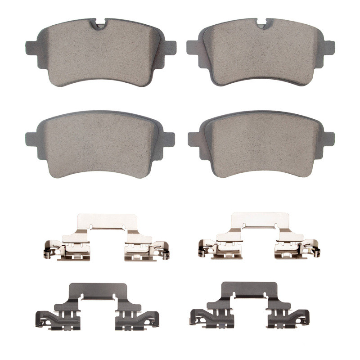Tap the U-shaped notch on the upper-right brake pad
coord(262,23)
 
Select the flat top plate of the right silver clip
coord(260,220)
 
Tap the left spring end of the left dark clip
coord(41,319)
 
